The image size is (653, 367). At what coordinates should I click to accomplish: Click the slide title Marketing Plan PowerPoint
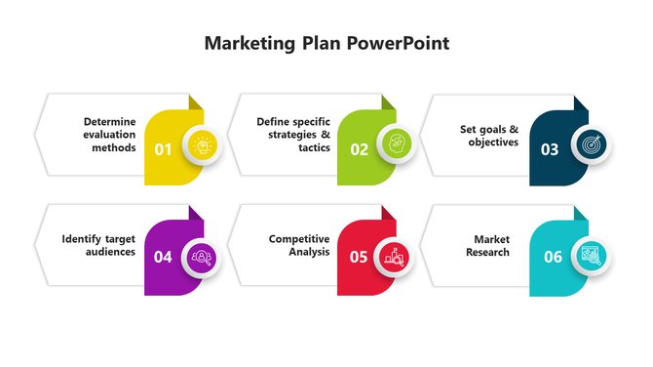click(326, 44)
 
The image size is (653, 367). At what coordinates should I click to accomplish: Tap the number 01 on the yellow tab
click(163, 149)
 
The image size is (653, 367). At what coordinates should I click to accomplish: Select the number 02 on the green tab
click(360, 149)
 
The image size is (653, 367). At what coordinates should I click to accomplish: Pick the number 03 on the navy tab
click(550, 149)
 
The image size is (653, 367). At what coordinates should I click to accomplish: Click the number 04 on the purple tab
click(163, 258)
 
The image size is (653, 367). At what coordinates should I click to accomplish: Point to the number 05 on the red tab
click(359, 258)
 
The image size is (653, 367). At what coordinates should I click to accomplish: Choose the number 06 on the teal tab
click(553, 258)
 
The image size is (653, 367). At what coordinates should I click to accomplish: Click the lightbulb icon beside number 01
click(204, 144)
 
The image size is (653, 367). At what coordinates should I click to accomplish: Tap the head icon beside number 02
click(397, 144)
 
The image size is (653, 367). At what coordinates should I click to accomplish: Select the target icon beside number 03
click(591, 144)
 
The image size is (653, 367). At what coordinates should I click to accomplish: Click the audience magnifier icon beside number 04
click(204, 257)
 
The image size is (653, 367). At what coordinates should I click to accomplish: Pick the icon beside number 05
click(397, 257)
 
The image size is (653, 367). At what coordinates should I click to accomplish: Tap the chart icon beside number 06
click(591, 257)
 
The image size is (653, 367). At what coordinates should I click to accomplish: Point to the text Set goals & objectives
click(489, 135)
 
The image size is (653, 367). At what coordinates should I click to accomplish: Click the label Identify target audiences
click(98, 245)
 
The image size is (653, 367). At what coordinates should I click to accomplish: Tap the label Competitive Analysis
click(299, 245)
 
